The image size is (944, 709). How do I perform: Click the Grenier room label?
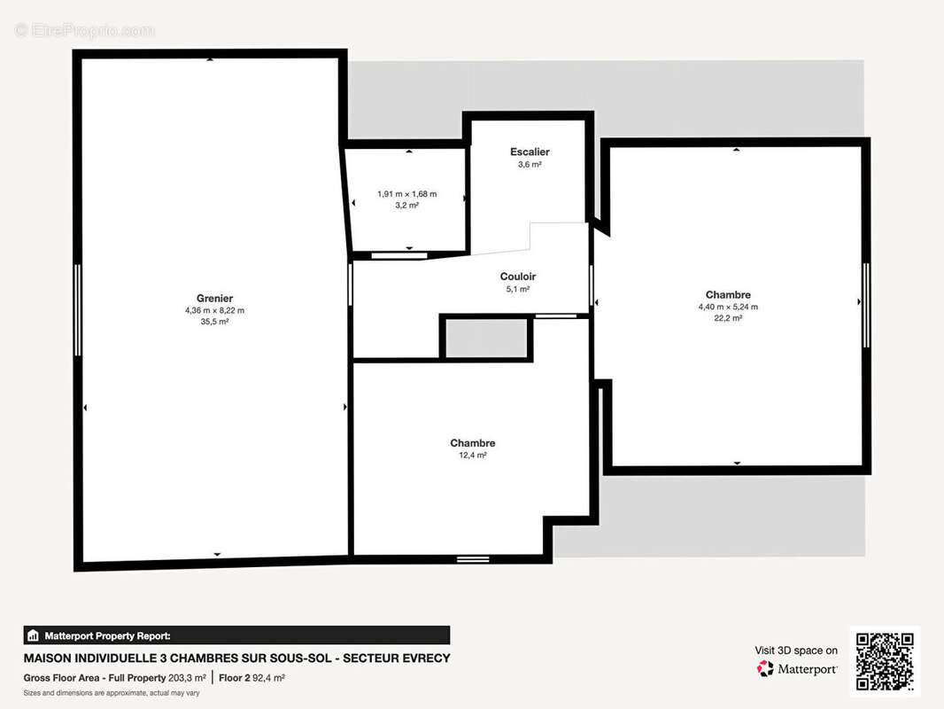tap(214, 298)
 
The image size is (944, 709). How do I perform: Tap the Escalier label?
tap(530, 152)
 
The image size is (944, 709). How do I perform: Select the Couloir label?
tap(518, 277)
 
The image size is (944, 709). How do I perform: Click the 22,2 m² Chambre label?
tap(728, 294)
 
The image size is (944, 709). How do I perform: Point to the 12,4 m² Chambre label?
tap(473, 443)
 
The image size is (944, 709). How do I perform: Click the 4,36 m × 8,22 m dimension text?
tap(214, 311)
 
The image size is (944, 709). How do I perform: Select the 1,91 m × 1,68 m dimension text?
tap(407, 194)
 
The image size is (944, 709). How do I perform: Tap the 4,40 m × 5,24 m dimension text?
tap(728, 308)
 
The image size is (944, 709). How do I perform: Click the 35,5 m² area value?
tap(214, 322)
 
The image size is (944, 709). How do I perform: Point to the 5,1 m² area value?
tap(518, 289)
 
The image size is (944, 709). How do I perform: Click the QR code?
tap(885, 661)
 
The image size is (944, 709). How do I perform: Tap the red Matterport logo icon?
tap(765, 668)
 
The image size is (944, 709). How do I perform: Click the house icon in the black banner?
tap(33, 635)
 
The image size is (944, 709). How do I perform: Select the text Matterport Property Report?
tap(107, 636)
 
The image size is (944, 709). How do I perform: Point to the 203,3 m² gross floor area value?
tap(187, 678)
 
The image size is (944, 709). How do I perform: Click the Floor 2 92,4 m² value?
tap(251, 678)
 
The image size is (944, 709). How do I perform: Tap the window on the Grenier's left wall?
tap(78, 310)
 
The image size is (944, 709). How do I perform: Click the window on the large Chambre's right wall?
tap(866, 305)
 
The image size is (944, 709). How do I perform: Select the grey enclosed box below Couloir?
tap(486, 338)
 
